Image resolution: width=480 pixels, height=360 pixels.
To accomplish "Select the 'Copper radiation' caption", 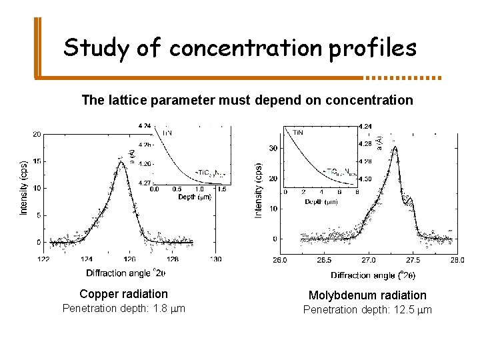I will (x=123, y=294).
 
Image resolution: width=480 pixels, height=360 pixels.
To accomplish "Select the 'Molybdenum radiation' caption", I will (x=367, y=295).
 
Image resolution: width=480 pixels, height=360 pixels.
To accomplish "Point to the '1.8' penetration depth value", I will (x=159, y=308).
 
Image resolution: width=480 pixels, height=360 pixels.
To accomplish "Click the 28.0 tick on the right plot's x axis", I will (x=457, y=260).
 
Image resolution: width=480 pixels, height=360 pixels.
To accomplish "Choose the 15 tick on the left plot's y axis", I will (x=37, y=161).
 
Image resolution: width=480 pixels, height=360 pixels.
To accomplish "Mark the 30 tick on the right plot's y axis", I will (x=273, y=148).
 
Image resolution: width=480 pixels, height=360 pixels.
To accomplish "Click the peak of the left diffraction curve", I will (x=121, y=161).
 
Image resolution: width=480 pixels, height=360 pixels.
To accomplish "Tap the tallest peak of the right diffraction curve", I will (x=395, y=147).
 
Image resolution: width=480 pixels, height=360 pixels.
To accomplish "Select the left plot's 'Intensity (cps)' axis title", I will (x=24, y=187).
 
